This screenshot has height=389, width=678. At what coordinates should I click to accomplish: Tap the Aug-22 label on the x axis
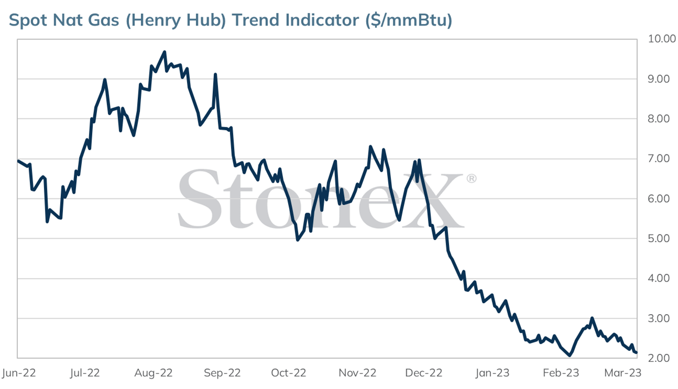coord(154,373)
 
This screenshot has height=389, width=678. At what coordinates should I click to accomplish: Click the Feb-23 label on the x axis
coord(561,373)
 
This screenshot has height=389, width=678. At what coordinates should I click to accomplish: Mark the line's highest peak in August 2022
coord(165,52)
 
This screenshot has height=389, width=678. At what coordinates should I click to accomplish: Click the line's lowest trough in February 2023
coord(570,355)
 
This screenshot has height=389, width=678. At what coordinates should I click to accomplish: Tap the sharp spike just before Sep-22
coord(215,75)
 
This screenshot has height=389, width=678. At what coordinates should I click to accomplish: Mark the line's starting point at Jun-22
coord(18,161)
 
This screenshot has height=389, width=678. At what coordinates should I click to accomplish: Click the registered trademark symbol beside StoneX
coord(471,179)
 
